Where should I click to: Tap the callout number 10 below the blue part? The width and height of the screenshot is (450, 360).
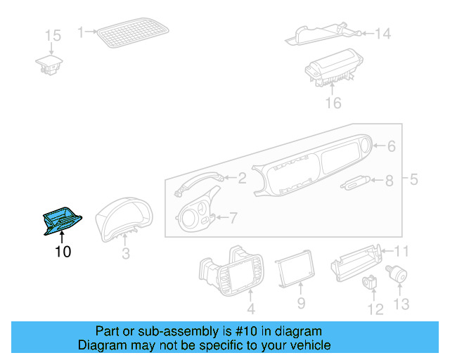(x=63, y=251)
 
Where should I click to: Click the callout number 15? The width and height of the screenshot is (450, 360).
(x=53, y=36)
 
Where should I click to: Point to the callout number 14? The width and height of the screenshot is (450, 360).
(x=382, y=33)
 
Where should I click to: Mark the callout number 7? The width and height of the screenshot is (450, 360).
(x=233, y=218)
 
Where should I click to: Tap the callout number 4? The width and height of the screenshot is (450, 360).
(x=250, y=309)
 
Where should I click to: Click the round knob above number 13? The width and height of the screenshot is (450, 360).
(x=399, y=273)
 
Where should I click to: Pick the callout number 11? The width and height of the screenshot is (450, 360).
(x=401, y=251)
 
